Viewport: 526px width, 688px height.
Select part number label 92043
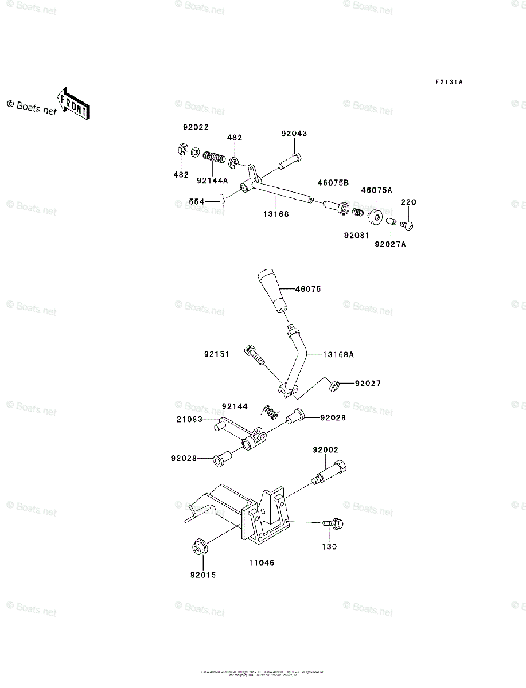click(x=294, y=134)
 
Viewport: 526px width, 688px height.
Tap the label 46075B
click(x=334, y=183)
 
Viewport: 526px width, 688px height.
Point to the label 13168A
click(x=338, y=355)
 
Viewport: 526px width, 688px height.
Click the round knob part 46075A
click(x=376, y=217)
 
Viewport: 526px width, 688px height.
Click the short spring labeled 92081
click(x=357, y=213)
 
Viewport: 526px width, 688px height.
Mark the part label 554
click(x=197, y=202)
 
